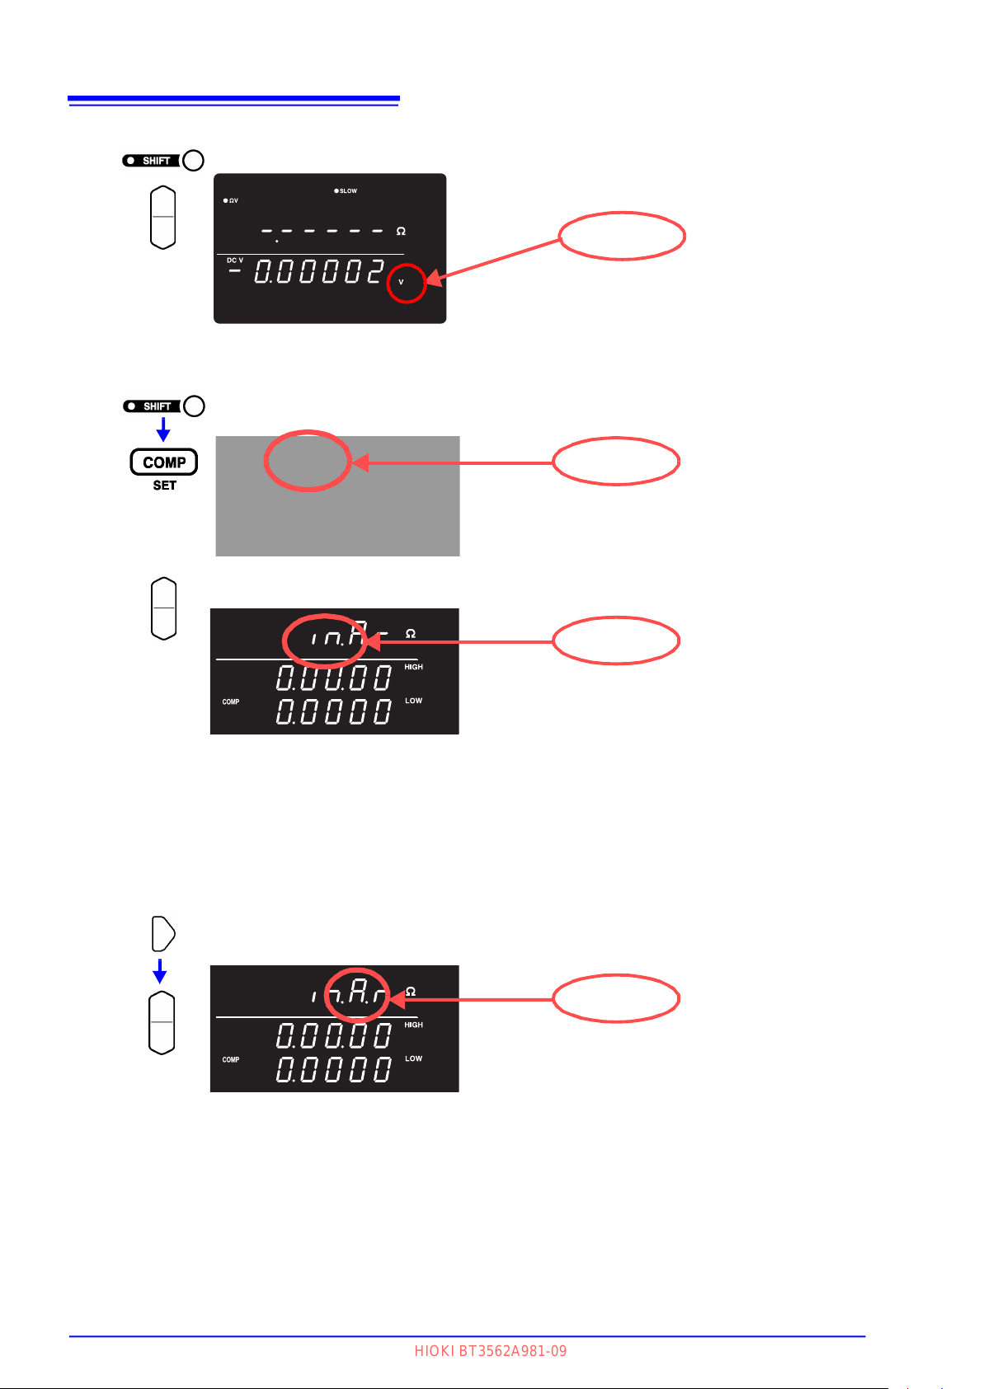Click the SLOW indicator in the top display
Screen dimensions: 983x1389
point(346,191)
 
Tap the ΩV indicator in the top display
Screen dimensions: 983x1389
point(231,201)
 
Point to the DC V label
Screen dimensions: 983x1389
point(235,260)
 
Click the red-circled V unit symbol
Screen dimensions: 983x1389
point(402,282)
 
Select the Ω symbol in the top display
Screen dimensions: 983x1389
point(401,232)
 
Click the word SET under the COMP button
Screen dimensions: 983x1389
point(164,486)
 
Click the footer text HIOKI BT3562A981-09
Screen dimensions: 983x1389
point(491,1351)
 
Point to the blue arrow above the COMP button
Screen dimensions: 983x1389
point(163,429)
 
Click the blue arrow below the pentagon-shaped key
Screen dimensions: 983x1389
point(160,971)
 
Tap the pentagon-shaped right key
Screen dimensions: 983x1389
point(163,934)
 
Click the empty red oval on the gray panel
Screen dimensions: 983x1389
point(307,461)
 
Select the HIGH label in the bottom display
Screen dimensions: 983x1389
point(413,1025)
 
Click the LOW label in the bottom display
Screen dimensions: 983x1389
point(413,1058)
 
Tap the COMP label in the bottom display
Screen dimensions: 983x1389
point(231,1060)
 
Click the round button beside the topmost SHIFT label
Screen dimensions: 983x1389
point(193,161)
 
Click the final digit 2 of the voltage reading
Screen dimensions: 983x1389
point(375,271)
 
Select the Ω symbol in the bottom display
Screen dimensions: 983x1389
point(411,992)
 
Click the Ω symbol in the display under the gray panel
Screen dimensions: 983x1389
point(411,634)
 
